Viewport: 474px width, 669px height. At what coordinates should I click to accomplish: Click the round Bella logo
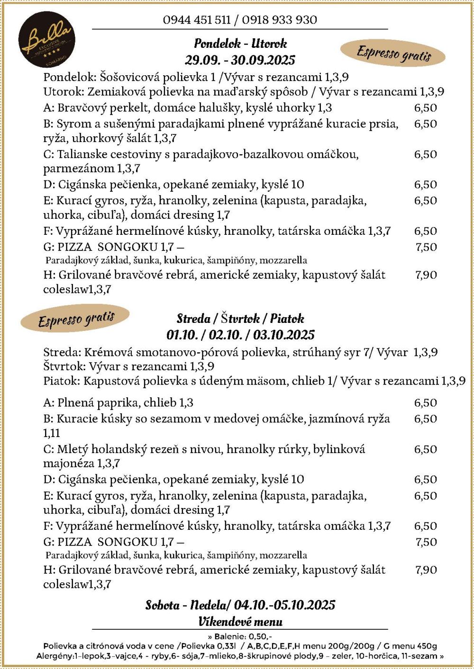(x=47, y=39)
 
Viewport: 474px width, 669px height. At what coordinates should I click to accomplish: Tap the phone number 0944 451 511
(x=196, y=20)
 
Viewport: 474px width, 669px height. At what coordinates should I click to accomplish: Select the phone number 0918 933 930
(x=279, y=20)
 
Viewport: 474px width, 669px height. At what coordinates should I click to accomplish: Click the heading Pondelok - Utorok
(x=240, y=44)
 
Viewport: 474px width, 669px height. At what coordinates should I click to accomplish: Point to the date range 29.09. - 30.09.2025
(x=240, y=60)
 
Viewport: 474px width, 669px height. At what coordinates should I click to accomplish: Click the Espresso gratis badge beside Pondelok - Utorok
(x=393, y=53)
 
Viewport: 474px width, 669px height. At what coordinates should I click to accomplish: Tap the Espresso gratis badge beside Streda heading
(x=75, y=319)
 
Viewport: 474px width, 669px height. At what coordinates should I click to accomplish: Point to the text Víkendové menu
(x=240, y=622)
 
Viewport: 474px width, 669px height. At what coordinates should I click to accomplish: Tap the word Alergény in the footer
(x=55, y=656)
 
